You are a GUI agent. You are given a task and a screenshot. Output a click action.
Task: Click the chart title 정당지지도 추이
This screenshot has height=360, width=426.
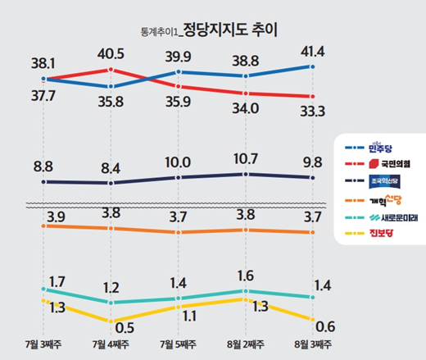pyautogui.click(x=231, y=32)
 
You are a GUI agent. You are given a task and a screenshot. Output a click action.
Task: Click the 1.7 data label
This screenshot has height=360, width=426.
pyautogui.click(x=57, y=281)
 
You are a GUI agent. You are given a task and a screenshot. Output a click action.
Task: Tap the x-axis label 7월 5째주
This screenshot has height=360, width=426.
pyautogui.click(x=177, y=344)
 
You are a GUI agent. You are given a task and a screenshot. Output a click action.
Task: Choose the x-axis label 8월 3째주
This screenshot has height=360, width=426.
pyautogui.click(x=311, y=344)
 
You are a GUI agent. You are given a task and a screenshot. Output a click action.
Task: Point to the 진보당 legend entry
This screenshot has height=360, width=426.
pyautogui.click(x=381, y=235)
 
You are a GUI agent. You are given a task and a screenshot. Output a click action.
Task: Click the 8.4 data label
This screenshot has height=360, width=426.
pyautogui.click(x=109, y=168)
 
